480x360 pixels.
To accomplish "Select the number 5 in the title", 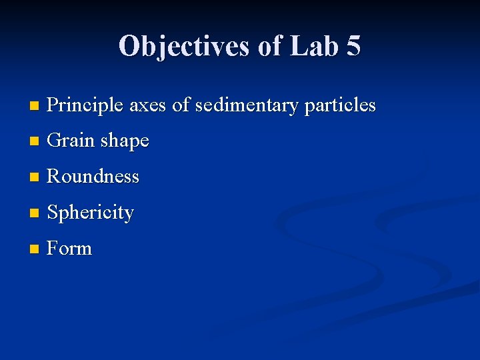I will coord(353,46).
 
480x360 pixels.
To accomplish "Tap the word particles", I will coord(341,105).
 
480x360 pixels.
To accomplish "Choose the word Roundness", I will coord(93,177).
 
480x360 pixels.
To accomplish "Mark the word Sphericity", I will coord(91,213).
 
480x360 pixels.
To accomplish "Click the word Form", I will coord(70,249).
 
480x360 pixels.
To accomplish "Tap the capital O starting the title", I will coord(129,46).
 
